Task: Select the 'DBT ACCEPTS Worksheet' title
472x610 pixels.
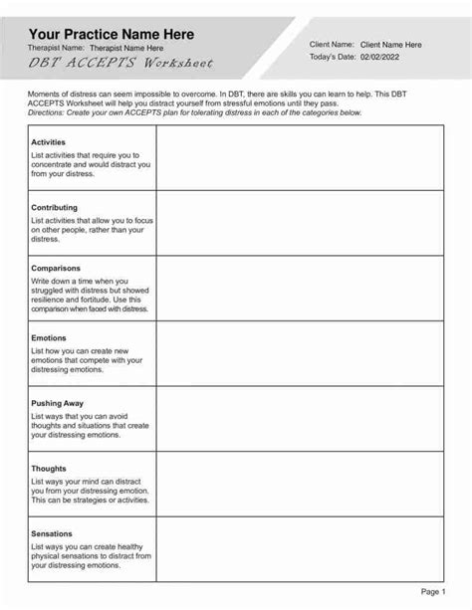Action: click(x=119, y=63)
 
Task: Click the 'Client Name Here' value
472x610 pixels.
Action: click(x=390, y=45)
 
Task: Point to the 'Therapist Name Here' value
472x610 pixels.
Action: click(x=126, y=48)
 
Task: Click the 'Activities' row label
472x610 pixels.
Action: click(x=49, y=142)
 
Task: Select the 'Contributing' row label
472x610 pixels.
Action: click(x=55, y=208)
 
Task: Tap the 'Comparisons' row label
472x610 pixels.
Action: click(x=56, y=268)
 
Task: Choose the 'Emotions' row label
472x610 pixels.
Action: click(x=50, y=337)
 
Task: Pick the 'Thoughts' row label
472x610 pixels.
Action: click(x=49, y=469)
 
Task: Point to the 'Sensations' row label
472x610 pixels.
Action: click(x=52, y=533)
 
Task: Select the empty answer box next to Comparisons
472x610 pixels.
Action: click(x=300, y=288)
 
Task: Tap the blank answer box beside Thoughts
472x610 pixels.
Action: click(x=300, y=484)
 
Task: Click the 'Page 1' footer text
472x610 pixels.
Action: click(x=433, y=591)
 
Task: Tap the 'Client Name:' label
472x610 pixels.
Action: click(x=332, y=45)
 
